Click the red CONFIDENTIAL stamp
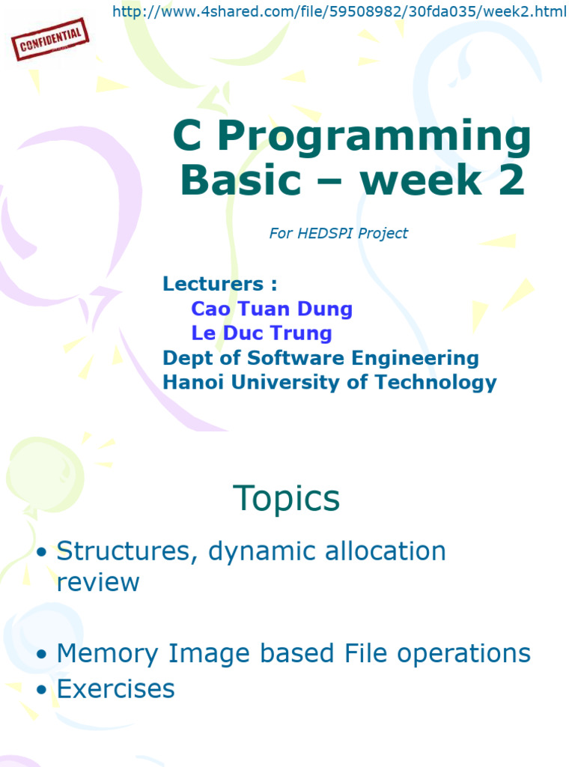[51, 40]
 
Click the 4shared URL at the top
[339, 12]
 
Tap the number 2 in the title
[512, 181]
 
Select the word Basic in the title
[240, 181]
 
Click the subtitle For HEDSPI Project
[338, 233]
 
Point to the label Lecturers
[219, 284]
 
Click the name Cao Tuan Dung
[272, 309]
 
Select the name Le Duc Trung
[261, 333]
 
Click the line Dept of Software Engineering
[320, 357]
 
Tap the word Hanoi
[194, 382]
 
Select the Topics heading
[287, 498]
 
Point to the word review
[98, 582]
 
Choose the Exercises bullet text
[116, 688]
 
